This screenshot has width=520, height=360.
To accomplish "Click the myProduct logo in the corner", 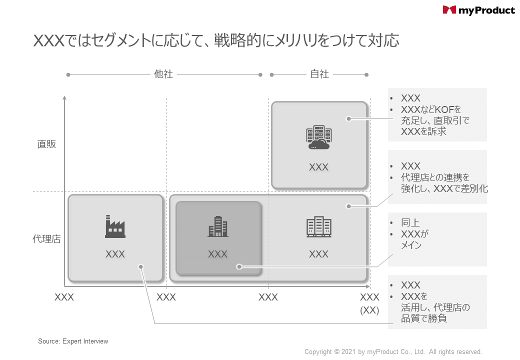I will point(478,10).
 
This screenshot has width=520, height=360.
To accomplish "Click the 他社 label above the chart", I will point(163,74).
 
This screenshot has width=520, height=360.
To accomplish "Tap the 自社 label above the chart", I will point(319,74).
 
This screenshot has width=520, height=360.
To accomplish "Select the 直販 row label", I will point(47,144).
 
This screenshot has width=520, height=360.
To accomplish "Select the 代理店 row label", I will point(47,239).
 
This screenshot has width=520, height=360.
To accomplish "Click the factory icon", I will point(115,226).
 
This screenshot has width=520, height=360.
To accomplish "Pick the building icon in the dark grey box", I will point(218,226).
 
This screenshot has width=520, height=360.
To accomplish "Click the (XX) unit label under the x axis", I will point(369,310).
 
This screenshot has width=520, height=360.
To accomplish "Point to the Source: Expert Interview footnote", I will point(73,341).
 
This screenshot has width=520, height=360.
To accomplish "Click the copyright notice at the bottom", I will point(393,352).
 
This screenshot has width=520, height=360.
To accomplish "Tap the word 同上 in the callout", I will point(410,223).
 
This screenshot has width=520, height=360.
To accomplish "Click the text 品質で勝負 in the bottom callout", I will point(423,318).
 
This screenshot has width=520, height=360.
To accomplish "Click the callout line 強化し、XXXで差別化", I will point(444,188).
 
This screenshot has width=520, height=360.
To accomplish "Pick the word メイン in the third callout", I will point(411,245).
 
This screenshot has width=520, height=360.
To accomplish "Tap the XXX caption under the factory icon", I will point(115,254).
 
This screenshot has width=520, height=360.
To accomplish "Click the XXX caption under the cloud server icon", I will point(318,167).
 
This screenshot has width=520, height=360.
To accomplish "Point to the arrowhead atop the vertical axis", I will point(64,98).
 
